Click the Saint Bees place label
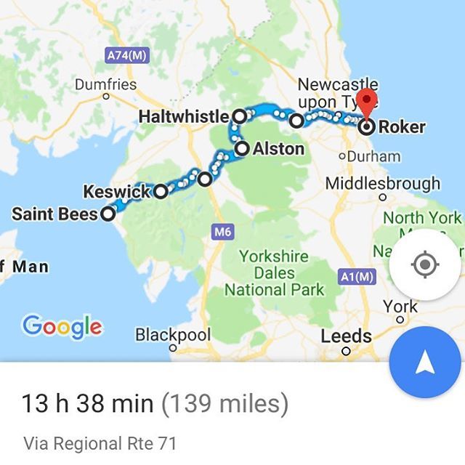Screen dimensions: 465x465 (x=54, y=214)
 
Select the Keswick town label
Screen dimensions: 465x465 (x=116, y=193)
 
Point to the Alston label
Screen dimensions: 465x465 (x=278, y=150)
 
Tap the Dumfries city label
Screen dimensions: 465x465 (x=105, y=84)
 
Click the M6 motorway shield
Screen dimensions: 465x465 (x=222, y=232)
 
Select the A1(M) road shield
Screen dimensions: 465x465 (x=357, y=276)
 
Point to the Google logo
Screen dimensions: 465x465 (x=62, y=326)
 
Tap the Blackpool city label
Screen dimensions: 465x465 (x=173, y=336)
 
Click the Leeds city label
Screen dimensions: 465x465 (x=346, y=337)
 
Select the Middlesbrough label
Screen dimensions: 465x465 (x=382, y=183)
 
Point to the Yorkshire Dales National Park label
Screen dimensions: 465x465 (x=275, y=273)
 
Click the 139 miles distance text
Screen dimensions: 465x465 (x=225, y=402)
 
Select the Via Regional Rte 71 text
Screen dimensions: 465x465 (x=100, y=442)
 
